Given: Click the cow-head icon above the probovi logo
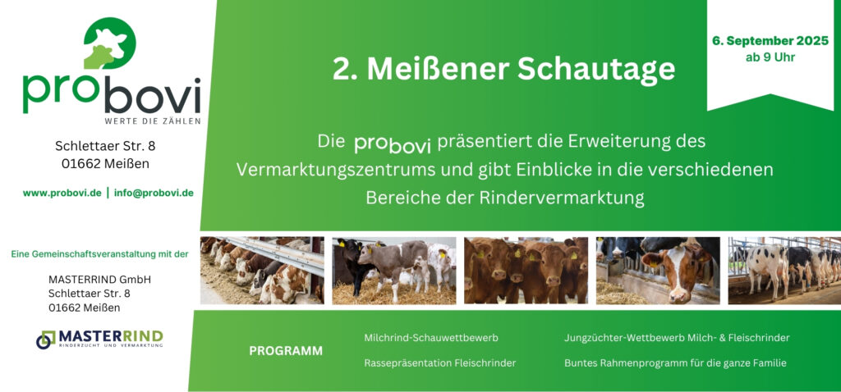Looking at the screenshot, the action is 110,43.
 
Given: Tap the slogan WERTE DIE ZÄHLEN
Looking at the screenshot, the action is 153,121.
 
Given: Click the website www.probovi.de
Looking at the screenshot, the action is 62,193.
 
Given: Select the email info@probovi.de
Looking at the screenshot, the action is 154,193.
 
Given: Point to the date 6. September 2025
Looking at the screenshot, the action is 770,41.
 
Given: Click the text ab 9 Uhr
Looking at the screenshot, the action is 770,57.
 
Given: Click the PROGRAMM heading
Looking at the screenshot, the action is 286,351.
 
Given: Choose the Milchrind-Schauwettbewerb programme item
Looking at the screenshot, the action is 431,338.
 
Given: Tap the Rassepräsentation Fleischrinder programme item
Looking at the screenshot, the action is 440,363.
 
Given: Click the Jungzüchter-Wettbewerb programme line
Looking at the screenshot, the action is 677,338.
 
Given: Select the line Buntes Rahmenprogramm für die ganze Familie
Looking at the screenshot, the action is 675,363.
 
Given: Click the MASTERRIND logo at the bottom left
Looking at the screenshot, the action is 99,339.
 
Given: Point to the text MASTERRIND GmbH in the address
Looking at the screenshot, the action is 99,280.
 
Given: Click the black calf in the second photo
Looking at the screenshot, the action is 352,263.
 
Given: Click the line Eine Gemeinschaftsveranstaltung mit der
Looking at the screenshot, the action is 99,254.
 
